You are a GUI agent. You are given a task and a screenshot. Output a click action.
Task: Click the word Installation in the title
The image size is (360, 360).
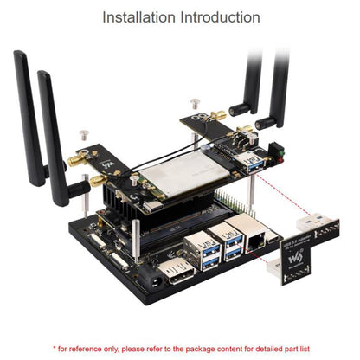point(140,16)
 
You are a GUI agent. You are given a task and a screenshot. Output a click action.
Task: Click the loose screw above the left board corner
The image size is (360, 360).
point(84,135)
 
